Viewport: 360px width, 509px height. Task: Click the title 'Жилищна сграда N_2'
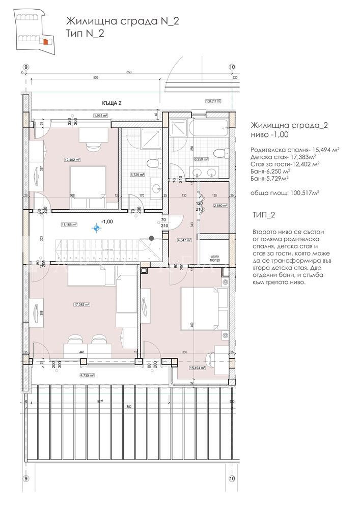(x=122, y=21)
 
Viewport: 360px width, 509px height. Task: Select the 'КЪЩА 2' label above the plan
(x=112, y=103)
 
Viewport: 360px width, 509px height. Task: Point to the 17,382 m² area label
(x=81, y=304)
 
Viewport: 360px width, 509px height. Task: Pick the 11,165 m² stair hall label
(x=68, y=224)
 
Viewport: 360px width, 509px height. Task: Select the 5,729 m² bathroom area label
(x=137, y=175)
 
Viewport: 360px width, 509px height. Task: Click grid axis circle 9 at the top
(x=26, y=67)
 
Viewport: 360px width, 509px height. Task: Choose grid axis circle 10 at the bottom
(x=232, y=478)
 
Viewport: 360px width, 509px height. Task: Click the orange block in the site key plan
(x=45, y=42)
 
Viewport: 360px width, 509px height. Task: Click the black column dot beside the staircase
(x=151, y=238)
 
